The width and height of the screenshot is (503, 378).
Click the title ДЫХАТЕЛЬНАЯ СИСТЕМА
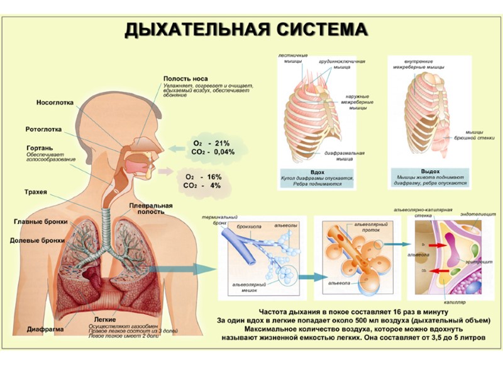click(x=245, y=30)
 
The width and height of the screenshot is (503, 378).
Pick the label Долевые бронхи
click(x=38, y=240)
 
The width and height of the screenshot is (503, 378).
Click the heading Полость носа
click(x=184, y=78)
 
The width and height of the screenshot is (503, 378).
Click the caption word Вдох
click(x=318, y=171)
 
